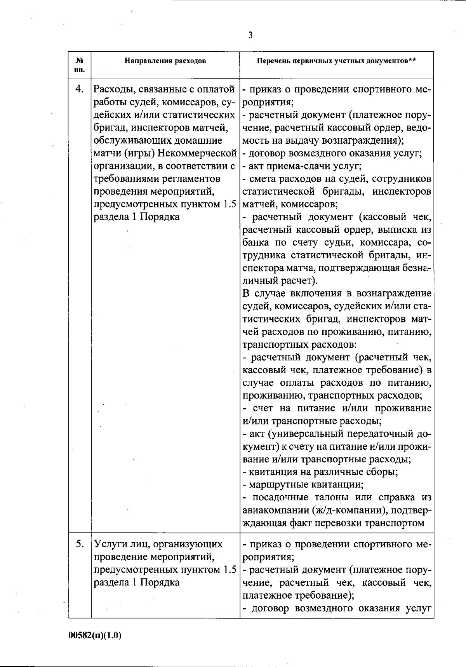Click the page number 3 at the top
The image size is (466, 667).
[x=250, y=35]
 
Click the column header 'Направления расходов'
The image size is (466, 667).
[x=165, y=61]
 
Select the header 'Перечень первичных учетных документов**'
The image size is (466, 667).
[x=336, y=61]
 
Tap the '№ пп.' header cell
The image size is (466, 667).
[x=80, y=65]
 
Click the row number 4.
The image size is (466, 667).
[x=79, y=89]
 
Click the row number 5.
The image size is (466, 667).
[x=80, y=544]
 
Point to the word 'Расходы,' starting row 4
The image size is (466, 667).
[x=113, y=89]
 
